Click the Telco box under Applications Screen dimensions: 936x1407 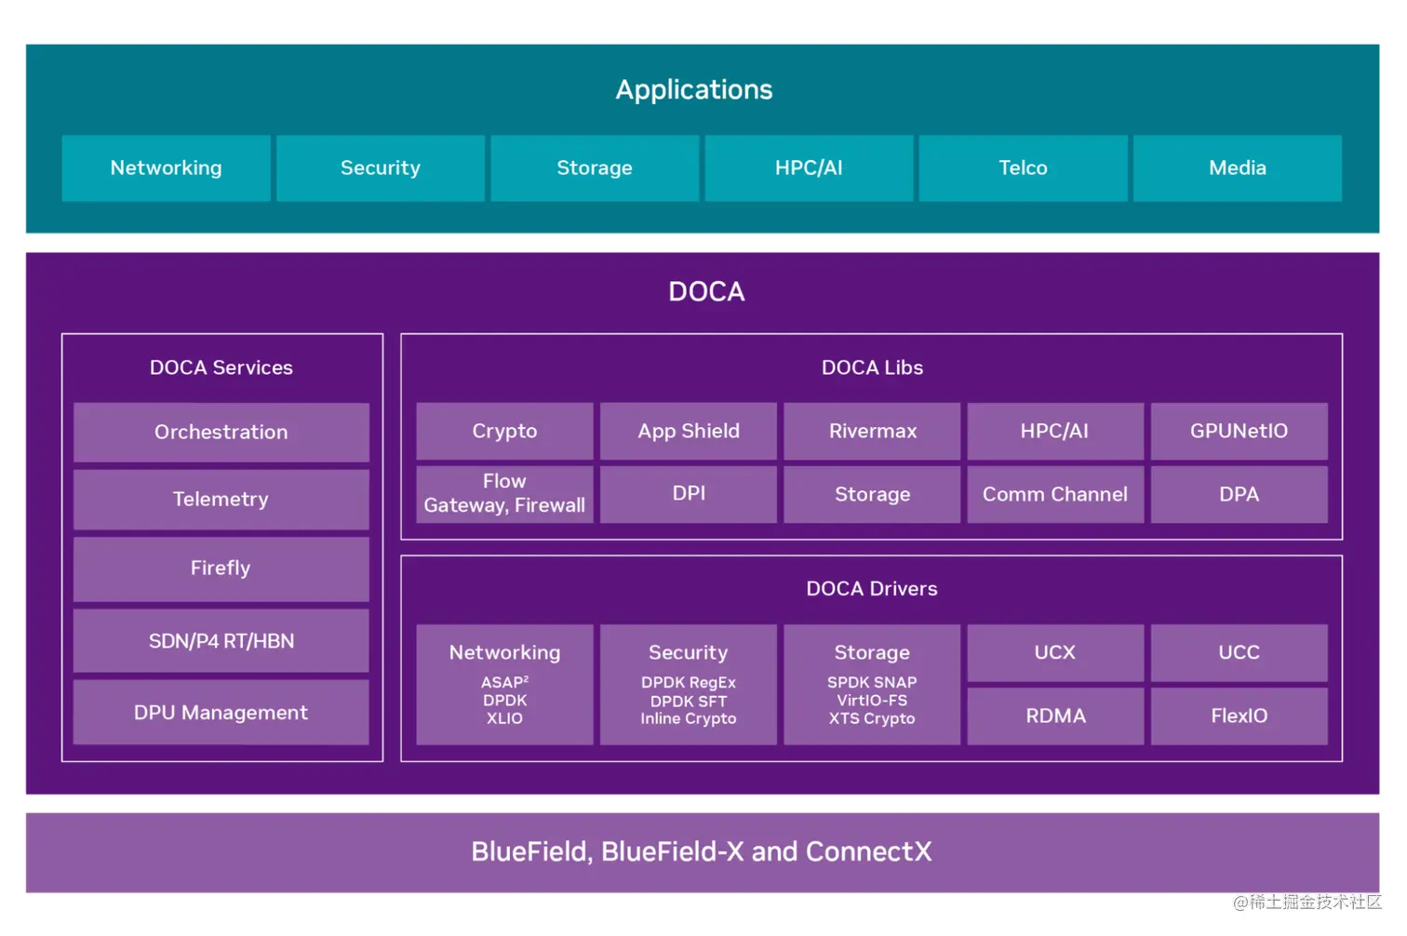click(1023, 168)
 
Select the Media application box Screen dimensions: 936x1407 click(1237, 168)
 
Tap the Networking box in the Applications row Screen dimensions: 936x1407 click(166, 168)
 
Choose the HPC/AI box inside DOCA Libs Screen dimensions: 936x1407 click(1054, 431)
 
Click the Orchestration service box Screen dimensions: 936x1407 click(221, 432)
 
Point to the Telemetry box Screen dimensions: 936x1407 click(221, 500)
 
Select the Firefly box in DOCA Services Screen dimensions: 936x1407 click(221, 568)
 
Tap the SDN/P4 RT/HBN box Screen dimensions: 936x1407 click(221, 641)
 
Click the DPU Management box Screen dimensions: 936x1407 click(221, 713)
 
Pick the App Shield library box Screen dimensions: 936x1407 click(688, 431)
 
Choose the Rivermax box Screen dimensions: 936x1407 click(872, 431)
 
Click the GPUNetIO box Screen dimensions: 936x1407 click(1239, 431)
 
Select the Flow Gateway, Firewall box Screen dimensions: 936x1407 click(504, 494)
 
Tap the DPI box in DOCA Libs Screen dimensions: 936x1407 click(688, 494)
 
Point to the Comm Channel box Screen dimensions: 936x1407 click(1054, 494)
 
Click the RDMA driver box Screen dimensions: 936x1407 click(1054, 715)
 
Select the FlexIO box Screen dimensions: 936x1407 click(1239, 715)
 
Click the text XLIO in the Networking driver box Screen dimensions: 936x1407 click(504, 719)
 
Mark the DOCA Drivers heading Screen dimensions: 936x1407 click(871, 589)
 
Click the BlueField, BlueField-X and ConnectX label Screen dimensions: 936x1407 click(702, 852)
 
